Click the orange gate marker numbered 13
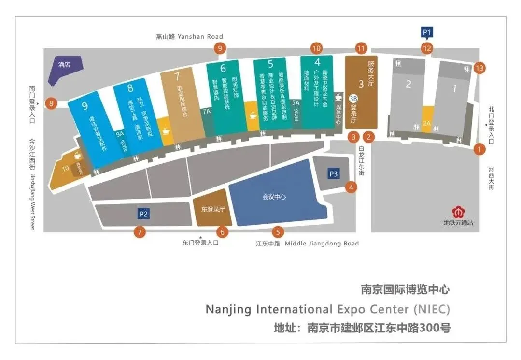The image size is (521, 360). coord(479,68)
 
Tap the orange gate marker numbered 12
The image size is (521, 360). coord(427,48)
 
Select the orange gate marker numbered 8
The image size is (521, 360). coord(51,103)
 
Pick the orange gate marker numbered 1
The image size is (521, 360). coord(479,149)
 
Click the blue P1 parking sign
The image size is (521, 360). coord(427,33)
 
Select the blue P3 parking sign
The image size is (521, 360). coord(334,173)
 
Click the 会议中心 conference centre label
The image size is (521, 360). coord(274,197)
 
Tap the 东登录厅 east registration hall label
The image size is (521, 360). coord(213,210)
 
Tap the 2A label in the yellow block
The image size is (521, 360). coord(426,124)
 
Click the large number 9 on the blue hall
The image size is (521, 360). coord(85,106)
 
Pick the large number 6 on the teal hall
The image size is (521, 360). coord(223,69)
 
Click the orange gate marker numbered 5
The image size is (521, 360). coord(277,232)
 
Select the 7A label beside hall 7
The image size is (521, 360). coord(207,112)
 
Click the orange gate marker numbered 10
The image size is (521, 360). coord(316,48)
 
